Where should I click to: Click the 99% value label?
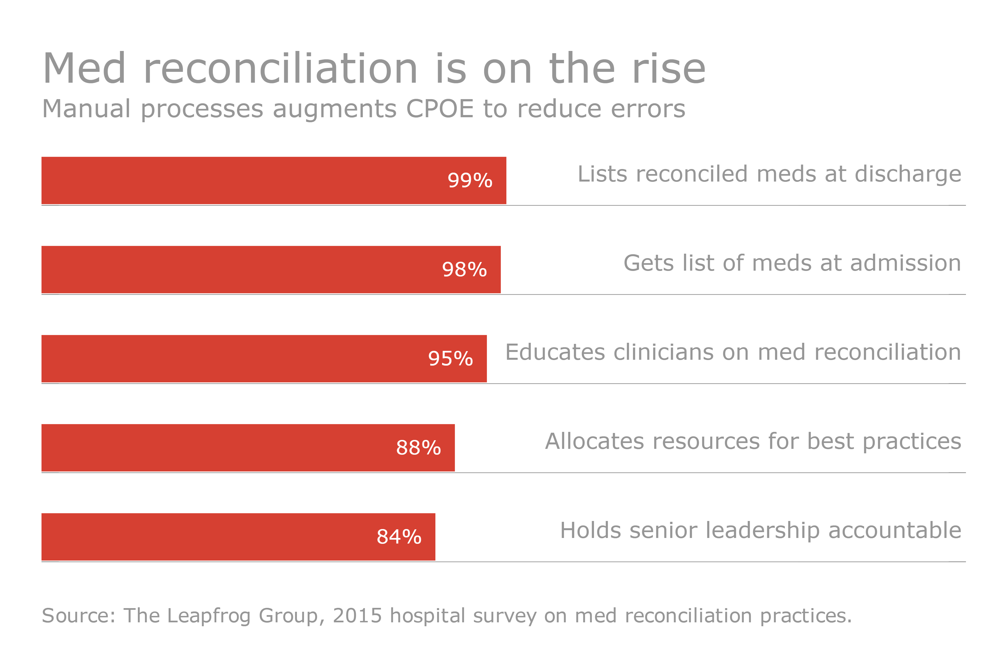point(470,180)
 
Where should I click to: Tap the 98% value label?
point(464,270)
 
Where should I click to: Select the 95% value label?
point(450,359)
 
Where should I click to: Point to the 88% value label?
point(418,448)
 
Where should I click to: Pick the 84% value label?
point(399,537)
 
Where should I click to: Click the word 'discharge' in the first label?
point(908,174)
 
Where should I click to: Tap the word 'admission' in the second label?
point(905,263)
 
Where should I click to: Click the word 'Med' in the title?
point(84,69)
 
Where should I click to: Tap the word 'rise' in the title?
point(669,69)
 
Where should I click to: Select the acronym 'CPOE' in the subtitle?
point(440,109)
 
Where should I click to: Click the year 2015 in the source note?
point(357,616)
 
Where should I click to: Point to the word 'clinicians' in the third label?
point(663,352)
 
